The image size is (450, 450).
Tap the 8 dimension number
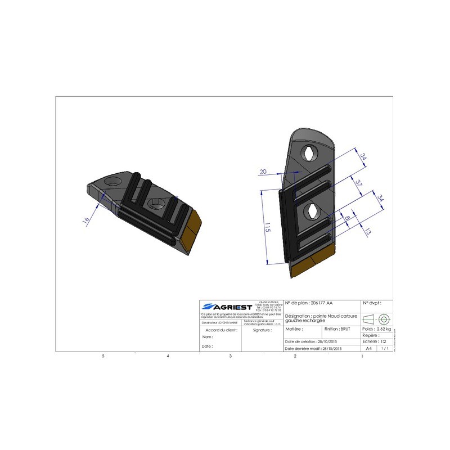pyautogui.click(x=348, y=219)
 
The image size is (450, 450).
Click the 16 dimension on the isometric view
pyautogui.click(x=86, y=220)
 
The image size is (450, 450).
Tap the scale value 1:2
pyautogui.click(x=382, y=341)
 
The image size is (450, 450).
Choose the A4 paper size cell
pyautogui.click(x=369, y=348)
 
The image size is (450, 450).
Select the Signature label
pyautogui.click(x=263, y=330)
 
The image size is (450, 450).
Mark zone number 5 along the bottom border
pyautogui.click(x=102, y=357)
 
